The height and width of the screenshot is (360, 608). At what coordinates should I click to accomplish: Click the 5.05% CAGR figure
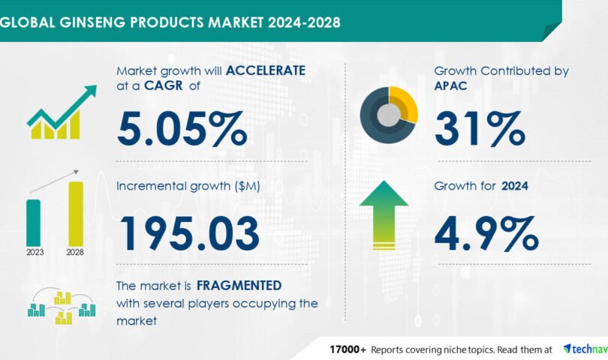pyautogui.click(x=182, y=129)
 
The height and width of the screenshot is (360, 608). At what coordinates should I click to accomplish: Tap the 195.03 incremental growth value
pyautogui.click(x=190, y=233)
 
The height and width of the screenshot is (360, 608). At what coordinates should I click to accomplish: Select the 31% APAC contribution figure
pyautogui.click(x=480, y=129)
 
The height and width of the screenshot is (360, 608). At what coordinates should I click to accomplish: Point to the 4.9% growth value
pyautogui.click(x=486, y=233)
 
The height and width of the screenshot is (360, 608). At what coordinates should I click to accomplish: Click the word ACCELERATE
pyautogui.click(x=266, y=70)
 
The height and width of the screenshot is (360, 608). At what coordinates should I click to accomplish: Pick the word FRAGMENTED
pyautogui.click(x=239, y=286)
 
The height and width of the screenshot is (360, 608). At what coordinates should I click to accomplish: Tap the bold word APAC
pyautogui.click(x=450, y=85)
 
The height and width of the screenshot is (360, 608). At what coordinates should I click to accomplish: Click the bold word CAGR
pyautogui.click(x=163, y=85)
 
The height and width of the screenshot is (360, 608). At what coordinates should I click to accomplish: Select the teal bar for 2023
pyautogui.click(x=33, y=223)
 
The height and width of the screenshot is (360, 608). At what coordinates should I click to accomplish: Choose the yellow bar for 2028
pyautogui.click(x=76, y=214)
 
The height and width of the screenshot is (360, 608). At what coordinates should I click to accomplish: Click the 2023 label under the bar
pyautogui.click(x=35, y=252)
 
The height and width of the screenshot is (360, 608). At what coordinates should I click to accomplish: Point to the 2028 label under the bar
pyautogui.click(x=75, y=252)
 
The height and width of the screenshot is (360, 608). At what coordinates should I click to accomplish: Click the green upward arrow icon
pyautogui.click(x=384, y=215)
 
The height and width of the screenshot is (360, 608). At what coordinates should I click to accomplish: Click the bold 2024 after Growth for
pyautogui.click(x=515, y=186)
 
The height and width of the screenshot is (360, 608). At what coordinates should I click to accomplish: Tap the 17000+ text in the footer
pyautogui.click(x=348, y=349)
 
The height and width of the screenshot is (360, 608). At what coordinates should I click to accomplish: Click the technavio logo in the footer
pyautogui.click(x=585, y=349)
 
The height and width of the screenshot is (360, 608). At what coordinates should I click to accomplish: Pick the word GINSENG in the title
pyautogui.click(x=92, y=22)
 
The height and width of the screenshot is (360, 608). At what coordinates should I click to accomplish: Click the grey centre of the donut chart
pyautogui.click(x=389, y=115)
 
